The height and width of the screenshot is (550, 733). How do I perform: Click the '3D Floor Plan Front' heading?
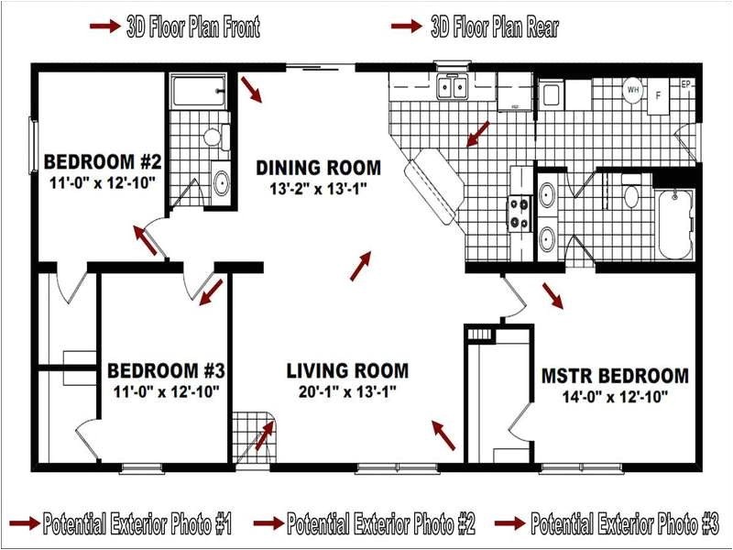tap(192, 27)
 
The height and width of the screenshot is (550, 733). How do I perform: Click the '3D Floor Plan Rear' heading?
tap(495, 27)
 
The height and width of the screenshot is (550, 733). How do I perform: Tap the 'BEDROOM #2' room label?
tap(103, 163)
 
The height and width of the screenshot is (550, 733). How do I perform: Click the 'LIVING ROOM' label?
tap(347, 371)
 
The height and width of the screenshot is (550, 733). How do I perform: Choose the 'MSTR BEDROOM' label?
tap(615, 376)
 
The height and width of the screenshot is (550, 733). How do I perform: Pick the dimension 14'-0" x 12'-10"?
tap(615, 397)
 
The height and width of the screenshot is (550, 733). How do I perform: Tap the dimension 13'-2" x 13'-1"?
tap(318, 188)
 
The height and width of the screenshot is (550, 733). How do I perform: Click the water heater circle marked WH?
tap(633, 90)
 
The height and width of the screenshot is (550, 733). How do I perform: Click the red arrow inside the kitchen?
tap(476, 135)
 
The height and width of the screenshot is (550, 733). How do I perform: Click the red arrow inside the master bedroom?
tap(553, 295)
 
